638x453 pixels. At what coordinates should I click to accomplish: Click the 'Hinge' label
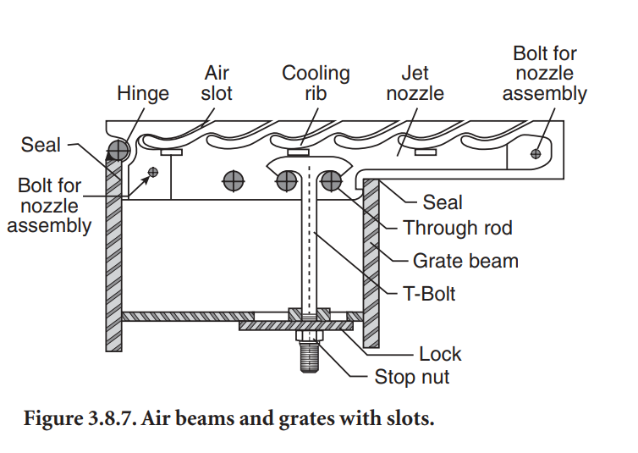click(x=143, y=92)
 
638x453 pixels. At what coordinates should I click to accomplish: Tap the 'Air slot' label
click(x=217, y=83)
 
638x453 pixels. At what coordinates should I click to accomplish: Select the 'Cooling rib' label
click(x=316, y=83)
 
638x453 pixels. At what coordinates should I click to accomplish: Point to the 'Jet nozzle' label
click(x=415, y=83)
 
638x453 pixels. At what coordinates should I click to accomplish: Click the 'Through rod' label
click(x=458, y=228)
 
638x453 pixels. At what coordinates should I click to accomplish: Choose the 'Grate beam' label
click(x=465, y=260)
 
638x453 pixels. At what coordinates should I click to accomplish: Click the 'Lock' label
click(x=440, y=353)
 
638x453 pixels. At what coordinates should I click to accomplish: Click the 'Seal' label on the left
click(x=41, y=145)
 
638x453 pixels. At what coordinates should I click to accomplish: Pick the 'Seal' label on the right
click(x=442, y=202)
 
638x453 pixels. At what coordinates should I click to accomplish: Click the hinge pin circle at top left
click(x=118, y=151)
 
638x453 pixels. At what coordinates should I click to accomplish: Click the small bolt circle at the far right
click(x=535, y=153)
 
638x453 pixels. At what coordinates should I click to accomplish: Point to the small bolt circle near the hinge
click(x=152, y=173)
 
